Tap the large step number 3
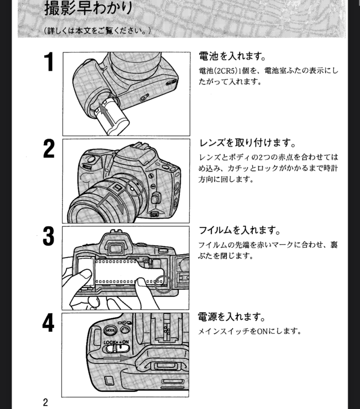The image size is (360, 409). pos(49,237)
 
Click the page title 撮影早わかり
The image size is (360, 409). pos(88,9)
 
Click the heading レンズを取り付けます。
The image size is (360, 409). pos(247,143)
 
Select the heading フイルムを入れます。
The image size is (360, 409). pos(240,230)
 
